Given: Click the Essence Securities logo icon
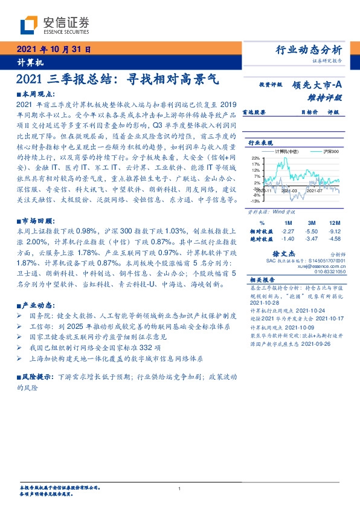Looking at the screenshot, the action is tap(29, 25).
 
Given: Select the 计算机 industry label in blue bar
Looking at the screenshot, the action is tap(25, 62).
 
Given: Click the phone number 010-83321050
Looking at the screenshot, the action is tap(332, 273).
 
